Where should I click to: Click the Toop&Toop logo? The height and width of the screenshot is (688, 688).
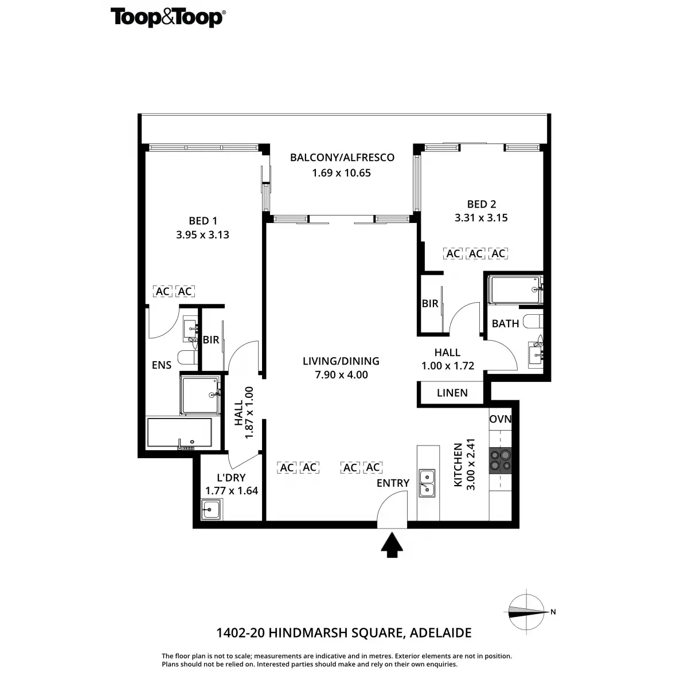click(168, 18)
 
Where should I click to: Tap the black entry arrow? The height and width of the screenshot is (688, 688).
click(392, 545)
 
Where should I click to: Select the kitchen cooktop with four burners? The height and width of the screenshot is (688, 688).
click(500, 460)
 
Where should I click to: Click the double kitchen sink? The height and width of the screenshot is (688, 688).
click(427, 483)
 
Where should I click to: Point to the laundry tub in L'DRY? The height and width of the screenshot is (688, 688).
click(212, 509)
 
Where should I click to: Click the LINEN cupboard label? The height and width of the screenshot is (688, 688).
click(452, 393)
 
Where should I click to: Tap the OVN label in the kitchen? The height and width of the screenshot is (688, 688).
click(500, 419)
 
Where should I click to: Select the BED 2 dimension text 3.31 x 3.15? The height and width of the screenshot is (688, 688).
click(481, 218)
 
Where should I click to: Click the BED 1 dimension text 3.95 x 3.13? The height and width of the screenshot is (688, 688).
click(202, 234)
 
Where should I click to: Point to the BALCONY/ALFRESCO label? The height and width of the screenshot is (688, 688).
click(342, 158)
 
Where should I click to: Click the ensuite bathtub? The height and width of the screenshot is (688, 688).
click(179, 432)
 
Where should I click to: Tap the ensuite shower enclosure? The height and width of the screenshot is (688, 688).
click(200, 395)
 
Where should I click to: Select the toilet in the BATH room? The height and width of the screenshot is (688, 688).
click(533, 321)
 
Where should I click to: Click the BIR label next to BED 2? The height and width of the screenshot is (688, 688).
click(430, 303)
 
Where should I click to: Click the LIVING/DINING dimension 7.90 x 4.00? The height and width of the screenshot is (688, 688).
click(341, 375)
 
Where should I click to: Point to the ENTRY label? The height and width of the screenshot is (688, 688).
click(393, 483)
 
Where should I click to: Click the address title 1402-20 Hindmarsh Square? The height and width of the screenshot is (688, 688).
click(344, 632)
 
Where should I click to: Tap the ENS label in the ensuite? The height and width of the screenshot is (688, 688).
click(161, 365)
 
